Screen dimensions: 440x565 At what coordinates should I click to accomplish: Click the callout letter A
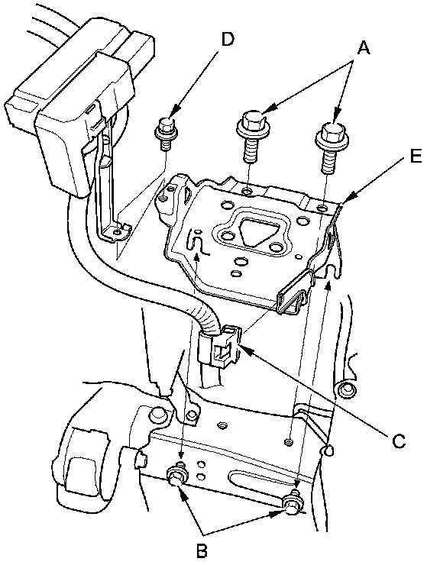pos(364,47)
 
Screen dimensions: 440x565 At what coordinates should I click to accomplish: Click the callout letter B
pos(202,550)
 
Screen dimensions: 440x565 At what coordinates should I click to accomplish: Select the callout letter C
pos(398,441)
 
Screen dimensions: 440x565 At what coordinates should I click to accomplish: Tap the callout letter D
pos(228,39)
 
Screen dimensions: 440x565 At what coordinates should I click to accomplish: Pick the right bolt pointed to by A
pos(332,144)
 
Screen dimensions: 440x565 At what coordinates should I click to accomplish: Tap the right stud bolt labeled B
pos(293,502)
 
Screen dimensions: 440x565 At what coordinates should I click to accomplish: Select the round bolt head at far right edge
pos(346,391)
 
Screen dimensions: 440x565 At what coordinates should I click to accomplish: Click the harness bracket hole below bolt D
pos(116,232)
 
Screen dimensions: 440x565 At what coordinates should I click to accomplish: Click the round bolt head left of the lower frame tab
pos(157,415)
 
